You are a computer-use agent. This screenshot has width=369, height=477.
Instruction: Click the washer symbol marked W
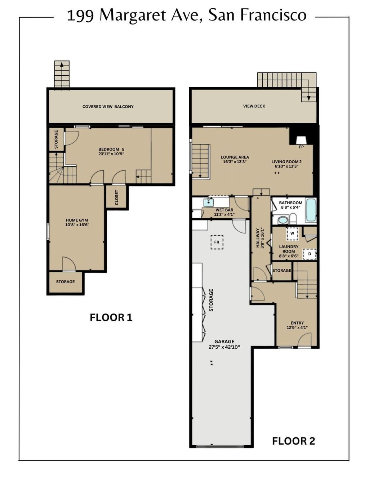[x=292, y=233]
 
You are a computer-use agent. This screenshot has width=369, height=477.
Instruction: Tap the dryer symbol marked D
[x=310, y=254]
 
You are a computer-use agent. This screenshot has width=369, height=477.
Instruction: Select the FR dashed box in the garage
[x=217, y=242]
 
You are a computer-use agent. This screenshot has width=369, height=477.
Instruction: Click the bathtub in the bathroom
[x=311, y=210]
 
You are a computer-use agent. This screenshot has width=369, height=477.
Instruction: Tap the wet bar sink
[x=208, y=202]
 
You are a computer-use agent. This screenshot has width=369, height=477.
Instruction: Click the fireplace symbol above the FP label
[x=301, y=140]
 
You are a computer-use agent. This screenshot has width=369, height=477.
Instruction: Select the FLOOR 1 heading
[x=111, y=318]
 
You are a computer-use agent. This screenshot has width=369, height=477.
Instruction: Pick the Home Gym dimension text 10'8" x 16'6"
[x=77, y=224]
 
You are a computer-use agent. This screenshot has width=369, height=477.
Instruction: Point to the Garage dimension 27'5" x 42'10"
[x=224, y=347]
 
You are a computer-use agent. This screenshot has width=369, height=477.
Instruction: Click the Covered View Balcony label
[x=108, y=107]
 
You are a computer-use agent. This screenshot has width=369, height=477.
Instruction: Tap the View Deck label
[x=254, y=106]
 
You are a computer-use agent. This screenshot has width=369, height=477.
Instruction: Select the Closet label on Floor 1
[x=116, y=197]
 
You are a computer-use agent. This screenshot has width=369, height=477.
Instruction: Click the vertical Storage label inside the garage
[x=211, y=300]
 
